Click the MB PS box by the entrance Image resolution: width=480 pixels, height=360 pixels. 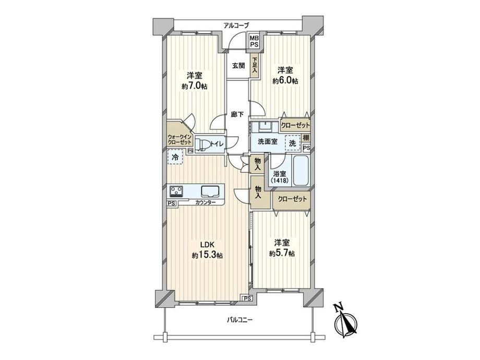click(x=254, y=41)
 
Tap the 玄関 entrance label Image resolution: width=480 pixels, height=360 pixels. click(x=238, y=66)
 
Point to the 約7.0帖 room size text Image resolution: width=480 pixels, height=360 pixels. click(x=195, y=86)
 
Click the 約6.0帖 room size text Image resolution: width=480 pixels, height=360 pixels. click(x=285, y=81)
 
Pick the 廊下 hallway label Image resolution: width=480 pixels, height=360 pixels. click(x=237, y=114)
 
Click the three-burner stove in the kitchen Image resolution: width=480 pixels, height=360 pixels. click(x=176, y=191)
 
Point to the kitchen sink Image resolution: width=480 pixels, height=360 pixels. click(x=210, y=191)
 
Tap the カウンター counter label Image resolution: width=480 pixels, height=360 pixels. click(x=206, y=202)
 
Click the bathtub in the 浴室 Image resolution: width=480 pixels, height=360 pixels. click(x=301, y=171)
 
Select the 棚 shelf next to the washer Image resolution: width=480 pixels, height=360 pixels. click(x=306, y=138)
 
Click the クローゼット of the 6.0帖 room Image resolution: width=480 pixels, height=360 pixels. click(x=295, y=125)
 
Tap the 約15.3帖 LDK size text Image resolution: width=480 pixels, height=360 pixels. click(x=207, y=255)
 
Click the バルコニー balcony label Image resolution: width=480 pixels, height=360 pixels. click(x=239, y=320)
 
